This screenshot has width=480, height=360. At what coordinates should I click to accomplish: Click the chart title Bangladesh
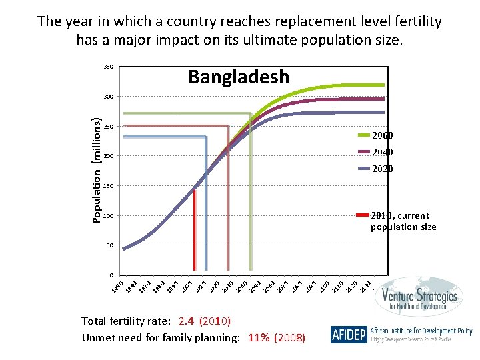pos(239,77)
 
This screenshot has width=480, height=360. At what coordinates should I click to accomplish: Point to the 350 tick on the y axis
pos(107,67)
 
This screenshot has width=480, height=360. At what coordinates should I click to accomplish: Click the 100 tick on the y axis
pos(107,216)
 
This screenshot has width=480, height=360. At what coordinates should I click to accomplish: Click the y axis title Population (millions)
pos(97,171)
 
